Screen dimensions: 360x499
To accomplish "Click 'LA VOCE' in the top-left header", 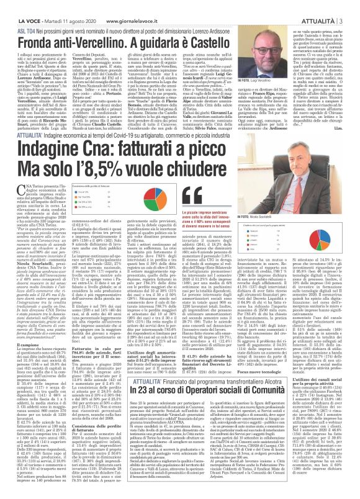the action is click(14, 4).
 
